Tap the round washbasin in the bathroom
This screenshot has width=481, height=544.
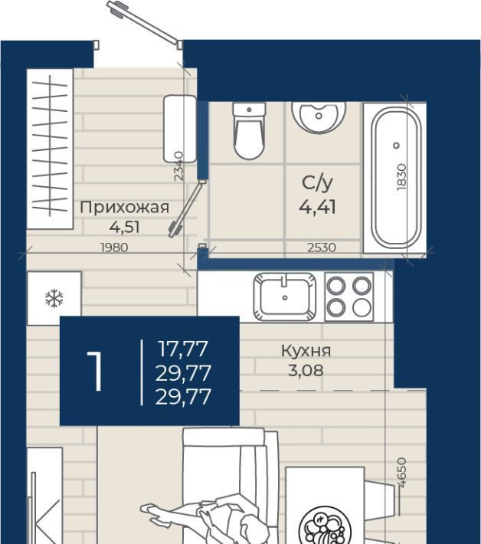[319, 117]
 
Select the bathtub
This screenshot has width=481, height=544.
[397, 178]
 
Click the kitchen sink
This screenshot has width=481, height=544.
[285, 297]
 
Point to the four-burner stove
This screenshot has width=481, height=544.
[348, 297]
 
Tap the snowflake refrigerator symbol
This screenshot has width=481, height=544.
[54, 298]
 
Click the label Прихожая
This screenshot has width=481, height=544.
[125, 207]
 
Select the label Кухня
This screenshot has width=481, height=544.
[306, 351]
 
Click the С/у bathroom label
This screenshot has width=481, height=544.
[317, 183]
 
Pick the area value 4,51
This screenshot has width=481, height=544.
[125, 228]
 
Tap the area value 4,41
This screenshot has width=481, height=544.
[317, 207]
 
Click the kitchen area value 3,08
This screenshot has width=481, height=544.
[306, 371]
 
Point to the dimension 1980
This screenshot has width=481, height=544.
[114, 247]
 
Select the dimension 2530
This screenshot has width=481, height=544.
[322, 247]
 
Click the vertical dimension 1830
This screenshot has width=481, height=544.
[401, 177]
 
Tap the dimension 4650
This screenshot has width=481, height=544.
[401, 473]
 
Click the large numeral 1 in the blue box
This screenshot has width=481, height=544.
[95, 371]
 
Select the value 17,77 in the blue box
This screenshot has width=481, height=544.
[183, 349]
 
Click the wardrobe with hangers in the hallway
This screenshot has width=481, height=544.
[50, 149]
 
